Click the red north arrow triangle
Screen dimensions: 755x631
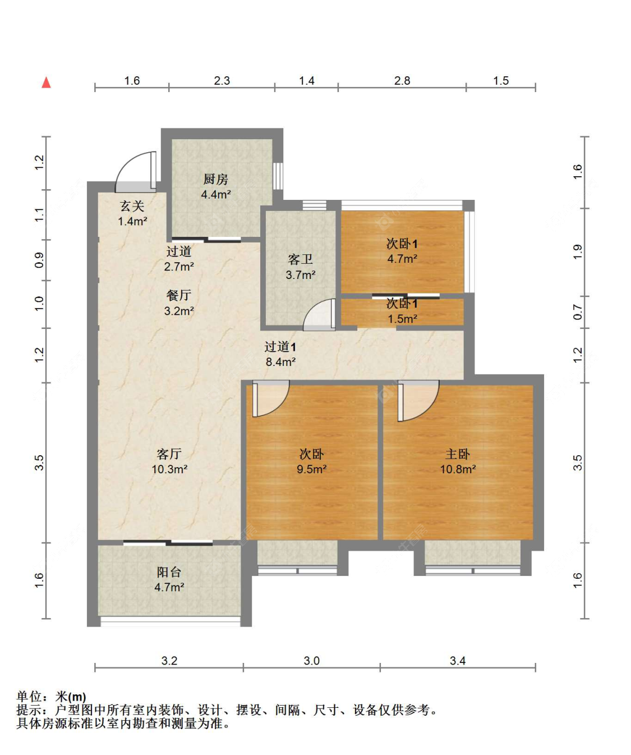coord(47,83)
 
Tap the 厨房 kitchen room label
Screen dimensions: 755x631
coord(215,179)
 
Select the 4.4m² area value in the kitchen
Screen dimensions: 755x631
coord(215,194)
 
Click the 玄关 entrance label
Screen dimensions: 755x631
coord(132,206)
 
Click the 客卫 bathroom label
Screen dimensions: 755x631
coord(300,259)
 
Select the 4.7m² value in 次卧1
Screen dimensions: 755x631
coord(402,259)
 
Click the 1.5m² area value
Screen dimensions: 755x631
coord(402,319)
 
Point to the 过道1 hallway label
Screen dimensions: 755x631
coord(280,347)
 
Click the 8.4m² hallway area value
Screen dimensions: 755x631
coord(280,362)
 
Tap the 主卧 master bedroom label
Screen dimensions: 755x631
coord(457,454)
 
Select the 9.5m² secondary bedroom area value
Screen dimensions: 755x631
coord(311,469)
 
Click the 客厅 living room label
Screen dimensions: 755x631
coord(169,454)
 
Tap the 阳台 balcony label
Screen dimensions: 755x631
coord(169,572)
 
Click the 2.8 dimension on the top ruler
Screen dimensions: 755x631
coord(402,81)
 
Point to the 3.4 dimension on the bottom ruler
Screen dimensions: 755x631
coord(457,661)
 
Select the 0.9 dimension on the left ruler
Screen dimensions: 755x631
coord(39,260)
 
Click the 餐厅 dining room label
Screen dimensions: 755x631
coord(179,295)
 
